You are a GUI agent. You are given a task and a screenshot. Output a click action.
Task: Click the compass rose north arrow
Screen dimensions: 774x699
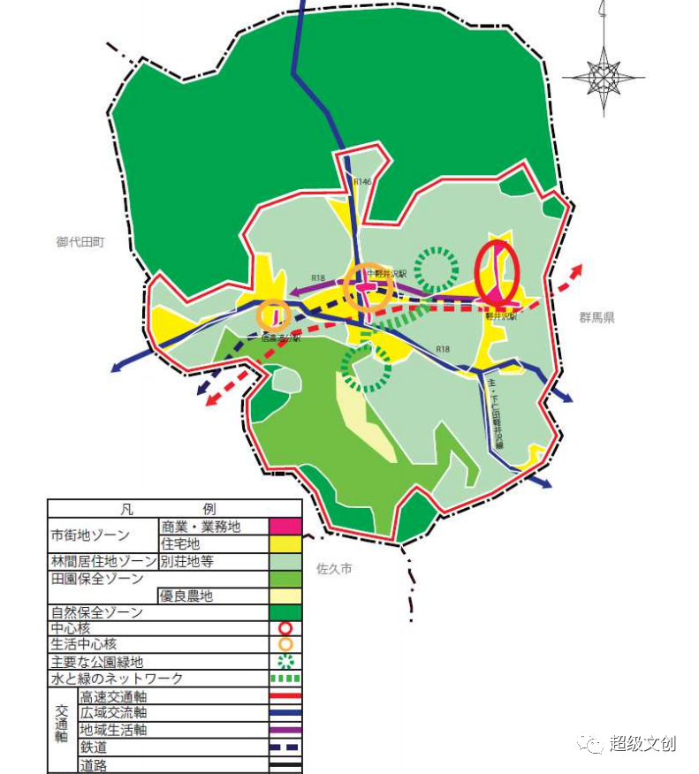click(604, 71)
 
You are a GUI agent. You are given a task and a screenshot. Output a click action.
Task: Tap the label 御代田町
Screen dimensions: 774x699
click(80, 241)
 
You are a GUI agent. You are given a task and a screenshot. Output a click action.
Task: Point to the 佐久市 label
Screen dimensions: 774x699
click(334, 569)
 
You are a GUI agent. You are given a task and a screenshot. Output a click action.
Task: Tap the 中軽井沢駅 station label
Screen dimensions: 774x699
click(386, 274)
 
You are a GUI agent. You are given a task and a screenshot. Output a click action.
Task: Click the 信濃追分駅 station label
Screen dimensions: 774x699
click(280, 337)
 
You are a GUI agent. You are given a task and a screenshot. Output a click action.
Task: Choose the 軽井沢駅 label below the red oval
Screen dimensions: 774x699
click(501, 315)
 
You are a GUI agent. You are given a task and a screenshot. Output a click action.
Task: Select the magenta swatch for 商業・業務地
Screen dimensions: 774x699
click(285, 527)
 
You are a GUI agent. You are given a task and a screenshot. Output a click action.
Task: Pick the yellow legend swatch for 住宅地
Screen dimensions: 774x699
click(285, 543)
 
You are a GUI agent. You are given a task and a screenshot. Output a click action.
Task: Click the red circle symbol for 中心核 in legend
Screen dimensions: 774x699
click(285, 628)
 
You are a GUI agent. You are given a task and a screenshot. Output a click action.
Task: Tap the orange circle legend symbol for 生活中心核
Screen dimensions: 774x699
click(285, 644)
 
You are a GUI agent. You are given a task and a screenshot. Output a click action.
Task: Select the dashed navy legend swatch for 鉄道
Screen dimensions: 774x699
click(285, 747)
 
